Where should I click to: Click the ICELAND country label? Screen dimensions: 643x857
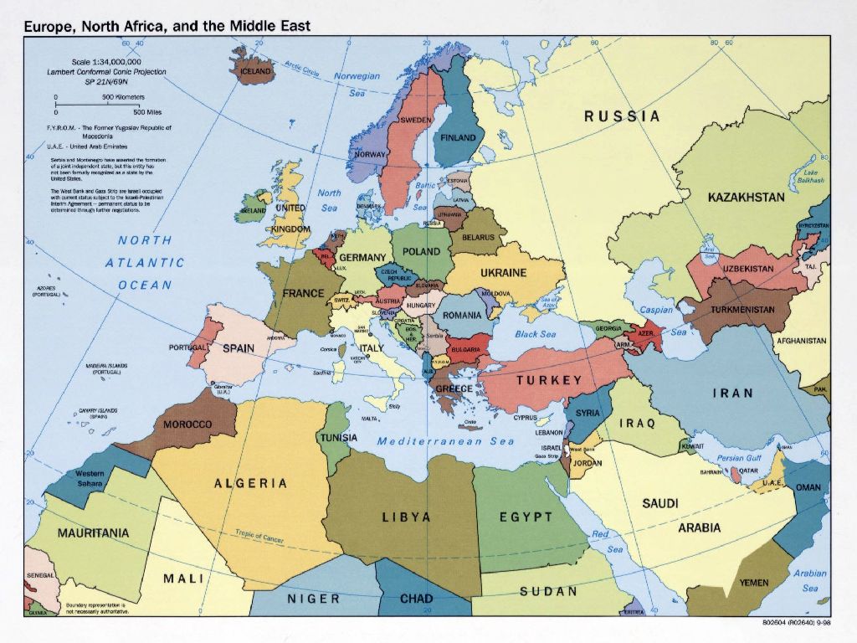(256, 71)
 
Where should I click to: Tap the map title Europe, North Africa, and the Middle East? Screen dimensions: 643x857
(167, 26)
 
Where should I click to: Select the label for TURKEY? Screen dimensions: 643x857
(548, 380)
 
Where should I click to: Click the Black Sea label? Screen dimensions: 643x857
(535, 334)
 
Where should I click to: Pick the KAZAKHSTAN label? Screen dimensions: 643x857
(746, 198)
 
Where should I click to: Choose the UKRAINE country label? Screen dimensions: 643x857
(503, 273)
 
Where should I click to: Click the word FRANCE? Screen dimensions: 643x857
(303, 294)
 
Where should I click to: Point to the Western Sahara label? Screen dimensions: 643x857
(90, 479)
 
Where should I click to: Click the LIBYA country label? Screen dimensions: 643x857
(407, 517)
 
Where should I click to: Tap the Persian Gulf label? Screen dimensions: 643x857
(738, 458)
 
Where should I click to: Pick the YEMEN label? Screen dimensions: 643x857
(753, 583)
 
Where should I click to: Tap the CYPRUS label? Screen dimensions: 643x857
(525, 417)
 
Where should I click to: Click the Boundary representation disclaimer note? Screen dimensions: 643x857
(95, 609)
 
